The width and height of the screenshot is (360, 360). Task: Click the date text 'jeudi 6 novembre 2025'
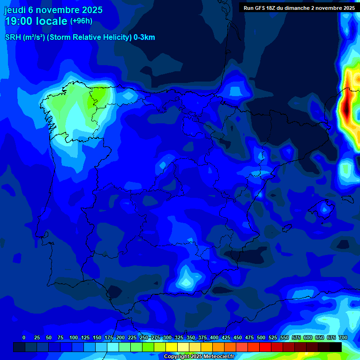click(x=53, y=10)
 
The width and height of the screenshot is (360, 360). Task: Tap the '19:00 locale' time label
click(x=36, y=21)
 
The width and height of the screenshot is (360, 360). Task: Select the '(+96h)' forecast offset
click(x=81, y=21)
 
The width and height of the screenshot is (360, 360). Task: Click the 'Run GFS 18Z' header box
click(x=299, y=7)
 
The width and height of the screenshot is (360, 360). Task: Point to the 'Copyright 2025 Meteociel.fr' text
click(x=199, y=357)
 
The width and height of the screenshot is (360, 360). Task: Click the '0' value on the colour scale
click(x=24, y=337)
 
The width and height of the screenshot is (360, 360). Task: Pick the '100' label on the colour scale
click(x=74, y=337)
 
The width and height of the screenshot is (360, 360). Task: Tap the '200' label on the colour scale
click(x=120, y=337)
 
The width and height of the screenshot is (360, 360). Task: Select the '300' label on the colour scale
click(x=167, y=337)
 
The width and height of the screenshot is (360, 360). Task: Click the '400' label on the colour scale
click(x=214, y=337)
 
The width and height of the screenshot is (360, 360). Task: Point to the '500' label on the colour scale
click(x=261, y=337)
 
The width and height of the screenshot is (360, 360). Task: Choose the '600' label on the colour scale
click(x=308, y=337)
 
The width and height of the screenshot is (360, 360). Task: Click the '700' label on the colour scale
click(x=343, y=337)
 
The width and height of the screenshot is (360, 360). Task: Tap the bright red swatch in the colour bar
click(x=265, y=347)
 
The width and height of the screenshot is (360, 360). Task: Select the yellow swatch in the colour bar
click(x=172, y=347)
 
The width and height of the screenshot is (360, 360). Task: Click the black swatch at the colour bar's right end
click(x=336, y=347)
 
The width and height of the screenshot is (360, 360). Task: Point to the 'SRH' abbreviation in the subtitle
click(x=13, y=37)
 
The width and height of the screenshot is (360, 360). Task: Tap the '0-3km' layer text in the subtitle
click(x=144, y=37)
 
